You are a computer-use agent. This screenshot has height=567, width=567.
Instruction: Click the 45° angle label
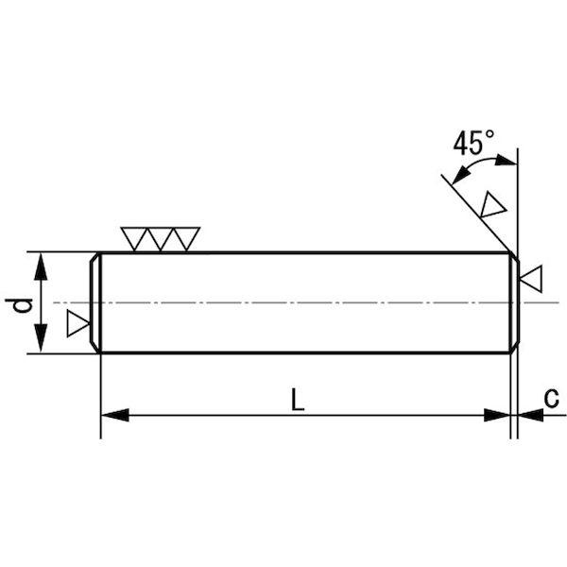[473, 143]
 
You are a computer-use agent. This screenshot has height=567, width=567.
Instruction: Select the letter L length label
[298, 400]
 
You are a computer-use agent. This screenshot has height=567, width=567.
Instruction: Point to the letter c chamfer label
[551, 399]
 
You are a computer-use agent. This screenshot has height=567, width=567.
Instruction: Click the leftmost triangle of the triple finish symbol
[134, 237]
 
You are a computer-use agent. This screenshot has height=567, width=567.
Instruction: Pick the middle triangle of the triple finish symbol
[161, 237]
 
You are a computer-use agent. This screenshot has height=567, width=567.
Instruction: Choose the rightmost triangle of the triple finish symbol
[186, 237]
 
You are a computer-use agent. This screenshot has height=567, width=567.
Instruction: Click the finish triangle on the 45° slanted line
[492, 205]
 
